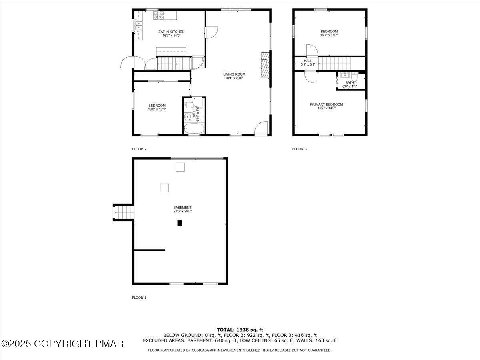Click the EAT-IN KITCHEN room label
(x=171, y=32)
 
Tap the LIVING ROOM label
(x=234, y=74)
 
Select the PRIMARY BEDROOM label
(x=326, y=104)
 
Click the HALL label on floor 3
(x=308, y=61)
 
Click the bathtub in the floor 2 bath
(x=194, y=129)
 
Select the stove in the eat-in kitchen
(x=158, y=15)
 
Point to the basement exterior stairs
(x=123, y=212)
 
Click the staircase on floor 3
(x=335, y=63)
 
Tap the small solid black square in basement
(x=180, y=223)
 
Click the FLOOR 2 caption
(x=139, y=149)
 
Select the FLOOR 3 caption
(x=299, y=149)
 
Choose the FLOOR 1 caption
(x=139, y=298)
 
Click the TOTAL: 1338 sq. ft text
(x=240, y=330)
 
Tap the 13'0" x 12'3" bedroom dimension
(x=157, y=109)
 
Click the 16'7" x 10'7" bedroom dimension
(x=329, y=35)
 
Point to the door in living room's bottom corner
(x=261, y=128)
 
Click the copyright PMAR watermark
(x=62, y=344)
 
